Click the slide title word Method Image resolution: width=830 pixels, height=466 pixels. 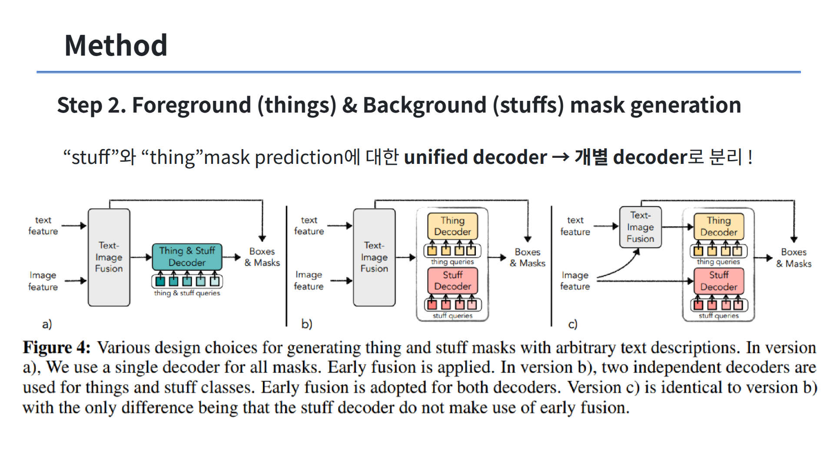tap(116, 45)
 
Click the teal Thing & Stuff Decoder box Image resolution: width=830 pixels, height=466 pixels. tap(187, 256)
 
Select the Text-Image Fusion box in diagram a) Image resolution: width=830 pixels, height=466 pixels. tap(109, 257)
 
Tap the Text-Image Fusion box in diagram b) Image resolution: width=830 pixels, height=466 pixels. tap(374, 257)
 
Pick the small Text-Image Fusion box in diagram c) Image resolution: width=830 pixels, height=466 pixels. tap(640, 227)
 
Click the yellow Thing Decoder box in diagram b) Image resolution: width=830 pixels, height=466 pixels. tap(452, 226)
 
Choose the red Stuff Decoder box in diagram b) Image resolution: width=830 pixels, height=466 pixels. tap(452, 280)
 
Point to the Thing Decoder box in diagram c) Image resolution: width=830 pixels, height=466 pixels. tap(719, 226)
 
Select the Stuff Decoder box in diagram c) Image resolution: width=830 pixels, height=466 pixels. tap(719, 281)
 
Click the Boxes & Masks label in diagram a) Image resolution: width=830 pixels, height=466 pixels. tap(262, 257)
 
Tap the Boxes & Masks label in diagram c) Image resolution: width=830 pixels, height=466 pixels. tap(793, 258)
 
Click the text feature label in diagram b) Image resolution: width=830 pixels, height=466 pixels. tap(309, 226)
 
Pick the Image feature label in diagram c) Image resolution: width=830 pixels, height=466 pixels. tap(575, 280)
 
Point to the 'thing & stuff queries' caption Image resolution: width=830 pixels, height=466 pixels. tap(187, 293)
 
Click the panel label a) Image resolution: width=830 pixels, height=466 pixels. tap(47, 324)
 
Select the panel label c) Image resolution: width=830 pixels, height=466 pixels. tap(573, 324)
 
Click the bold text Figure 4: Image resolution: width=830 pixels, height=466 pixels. tap(56, 348)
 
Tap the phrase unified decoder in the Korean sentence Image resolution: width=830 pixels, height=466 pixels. tap(475, 157)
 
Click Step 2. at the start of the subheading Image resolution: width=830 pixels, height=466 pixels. tap(91, 105)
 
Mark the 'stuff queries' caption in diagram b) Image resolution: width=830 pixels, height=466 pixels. tap(452, 316)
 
